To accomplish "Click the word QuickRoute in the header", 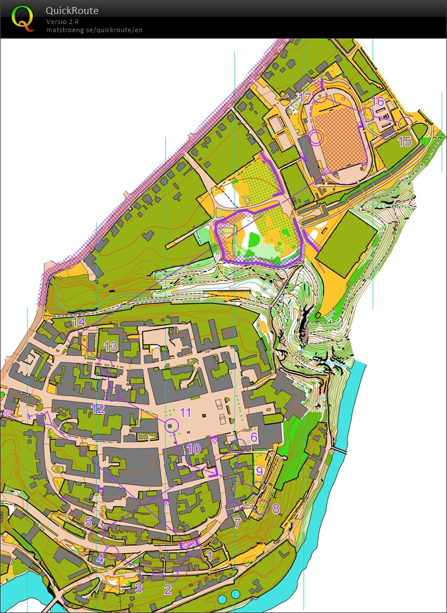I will [x=73, y=11].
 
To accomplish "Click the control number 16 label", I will [x=378, y=102].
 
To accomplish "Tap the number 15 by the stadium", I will [x=405, y=141].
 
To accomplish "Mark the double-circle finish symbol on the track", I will [x=317, y=138].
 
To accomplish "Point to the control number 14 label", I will [x=79, y=321].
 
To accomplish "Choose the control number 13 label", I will [x=111, y=346].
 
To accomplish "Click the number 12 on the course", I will [x=97, y=409].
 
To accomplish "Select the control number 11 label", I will [x=185, y=412].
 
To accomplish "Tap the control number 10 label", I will [x=194, y=448].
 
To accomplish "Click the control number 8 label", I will [x=276, y=508].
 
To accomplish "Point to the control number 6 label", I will [x=254, y=437].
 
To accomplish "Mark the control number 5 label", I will [x=88, y=521].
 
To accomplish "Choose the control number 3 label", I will [x=139, y=587].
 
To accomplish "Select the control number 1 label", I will [x=210, y=556].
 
